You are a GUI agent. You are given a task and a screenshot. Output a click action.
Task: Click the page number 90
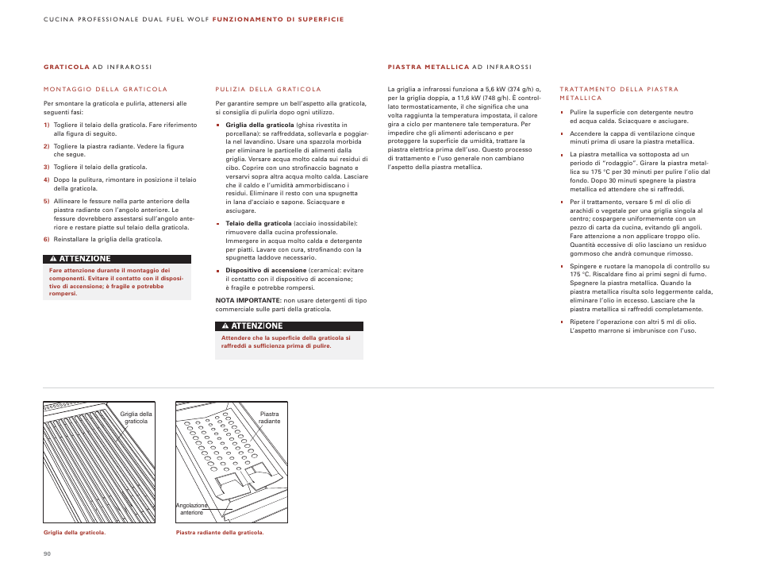point(47,553)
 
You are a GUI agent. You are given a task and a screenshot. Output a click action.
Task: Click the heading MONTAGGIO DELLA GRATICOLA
point(106,90)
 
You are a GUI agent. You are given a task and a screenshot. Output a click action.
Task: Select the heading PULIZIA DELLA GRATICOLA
point(268,90)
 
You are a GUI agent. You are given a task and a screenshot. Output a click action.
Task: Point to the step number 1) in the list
point(47,125)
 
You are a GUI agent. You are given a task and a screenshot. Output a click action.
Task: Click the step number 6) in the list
point(47,239)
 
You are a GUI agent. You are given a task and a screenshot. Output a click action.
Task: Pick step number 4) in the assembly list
point(47,180)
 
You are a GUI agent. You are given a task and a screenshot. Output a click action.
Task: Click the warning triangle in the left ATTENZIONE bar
point(52,259)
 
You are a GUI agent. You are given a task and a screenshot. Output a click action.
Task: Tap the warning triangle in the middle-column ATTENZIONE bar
point(225,326)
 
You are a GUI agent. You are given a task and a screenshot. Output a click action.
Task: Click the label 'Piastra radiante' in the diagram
point(270,418)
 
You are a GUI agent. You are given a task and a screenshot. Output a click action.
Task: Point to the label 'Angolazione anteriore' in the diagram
point(191,509)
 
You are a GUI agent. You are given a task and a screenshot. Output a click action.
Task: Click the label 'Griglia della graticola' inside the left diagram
point(136,418)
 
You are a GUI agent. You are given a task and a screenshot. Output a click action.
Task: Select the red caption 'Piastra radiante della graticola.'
point(220,533)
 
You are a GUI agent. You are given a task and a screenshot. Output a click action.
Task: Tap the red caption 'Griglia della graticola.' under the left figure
point(75,533)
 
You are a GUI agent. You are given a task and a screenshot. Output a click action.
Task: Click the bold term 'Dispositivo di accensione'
point(266,271)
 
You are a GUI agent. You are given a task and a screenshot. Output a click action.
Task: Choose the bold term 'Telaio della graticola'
point(259,224)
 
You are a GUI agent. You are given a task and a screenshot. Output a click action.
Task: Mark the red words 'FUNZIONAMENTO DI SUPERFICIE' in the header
point(279,19)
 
